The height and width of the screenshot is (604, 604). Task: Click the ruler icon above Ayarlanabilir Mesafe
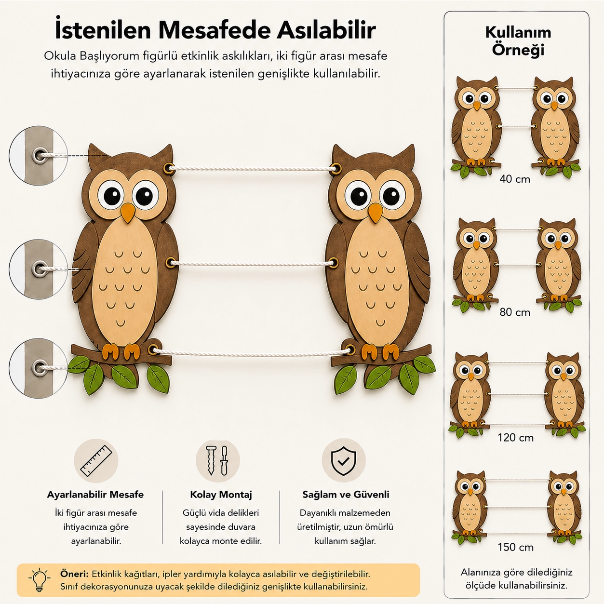click(96, 461)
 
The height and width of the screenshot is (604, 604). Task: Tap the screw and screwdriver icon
click(218, 460)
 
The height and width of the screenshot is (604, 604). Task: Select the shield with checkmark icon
click(344, 460)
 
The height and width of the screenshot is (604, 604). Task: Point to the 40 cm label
click(515, 179)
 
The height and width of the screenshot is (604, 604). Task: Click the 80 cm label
click(515, 312)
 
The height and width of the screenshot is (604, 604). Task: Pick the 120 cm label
click(516, 437)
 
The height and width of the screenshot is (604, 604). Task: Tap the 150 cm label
click(516, 547)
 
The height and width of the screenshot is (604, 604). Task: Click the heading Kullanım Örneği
click(518, 41)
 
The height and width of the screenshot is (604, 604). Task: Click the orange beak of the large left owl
click(128, 213)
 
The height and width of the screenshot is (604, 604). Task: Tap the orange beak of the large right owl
click(375, 213)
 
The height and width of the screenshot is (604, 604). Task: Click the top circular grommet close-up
click(38, 156)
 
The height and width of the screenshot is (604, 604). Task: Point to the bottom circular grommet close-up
click(38, 368)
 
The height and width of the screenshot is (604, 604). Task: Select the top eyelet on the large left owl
click(170, 167)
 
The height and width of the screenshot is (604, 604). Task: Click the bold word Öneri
click(75, 574)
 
